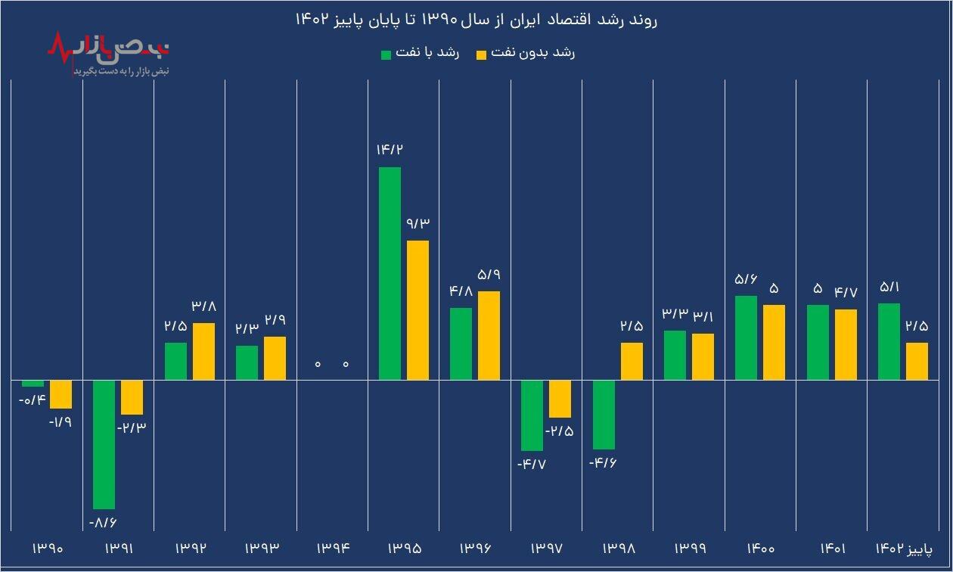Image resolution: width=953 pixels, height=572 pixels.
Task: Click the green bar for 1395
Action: tap(390, 273)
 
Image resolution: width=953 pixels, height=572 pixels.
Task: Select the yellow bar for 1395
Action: tap(418, 310)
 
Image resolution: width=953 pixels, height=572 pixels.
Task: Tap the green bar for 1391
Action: tap(104, 444)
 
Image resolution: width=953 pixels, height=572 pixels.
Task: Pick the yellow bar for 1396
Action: tap(489, 335)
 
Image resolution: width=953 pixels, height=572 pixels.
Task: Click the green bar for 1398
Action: tap(604, 415)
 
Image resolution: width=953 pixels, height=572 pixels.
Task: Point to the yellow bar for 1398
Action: tap(632, 361)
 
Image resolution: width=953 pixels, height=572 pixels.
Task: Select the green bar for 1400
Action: tap(746, 337)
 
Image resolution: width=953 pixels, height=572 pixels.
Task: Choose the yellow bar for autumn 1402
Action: tap(917, 361)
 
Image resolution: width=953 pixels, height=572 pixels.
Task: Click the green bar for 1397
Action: tap(532, 415)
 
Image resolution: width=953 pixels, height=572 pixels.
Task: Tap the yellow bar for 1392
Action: tap(203, 351)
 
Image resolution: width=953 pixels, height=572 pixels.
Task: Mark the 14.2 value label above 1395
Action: tap(390, 149)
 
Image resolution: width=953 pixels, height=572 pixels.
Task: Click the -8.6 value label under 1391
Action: tap(104, 522)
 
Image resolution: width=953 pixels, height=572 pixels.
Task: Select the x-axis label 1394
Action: tap(332, 548)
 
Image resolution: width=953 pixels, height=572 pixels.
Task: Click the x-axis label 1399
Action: tap(688, 548)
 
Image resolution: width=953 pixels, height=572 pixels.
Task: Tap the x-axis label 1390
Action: tap(47, 548)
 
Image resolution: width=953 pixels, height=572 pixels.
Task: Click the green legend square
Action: tap(386, 54)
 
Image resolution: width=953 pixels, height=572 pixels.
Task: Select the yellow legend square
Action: tap(481, 54)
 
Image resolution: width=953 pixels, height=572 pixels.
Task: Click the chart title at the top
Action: tap(476, 20)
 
